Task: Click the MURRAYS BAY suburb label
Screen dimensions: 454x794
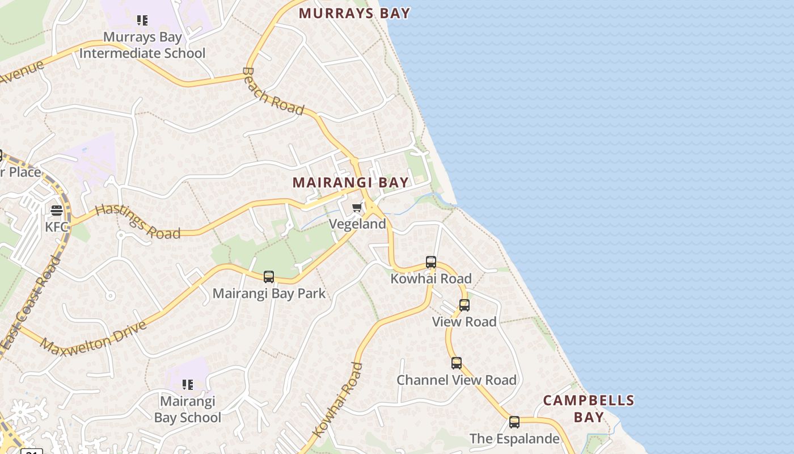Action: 354,13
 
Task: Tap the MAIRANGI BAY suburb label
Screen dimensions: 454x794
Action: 350,182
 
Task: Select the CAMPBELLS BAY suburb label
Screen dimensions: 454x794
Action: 589,409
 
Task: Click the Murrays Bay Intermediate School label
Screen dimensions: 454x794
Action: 142,45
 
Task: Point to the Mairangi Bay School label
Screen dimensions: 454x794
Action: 188,410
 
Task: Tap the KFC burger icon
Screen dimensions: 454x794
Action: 56,211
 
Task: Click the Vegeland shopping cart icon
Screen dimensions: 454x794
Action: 357,208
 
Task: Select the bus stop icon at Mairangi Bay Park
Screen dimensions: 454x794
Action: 269,277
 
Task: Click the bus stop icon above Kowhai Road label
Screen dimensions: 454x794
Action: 431,262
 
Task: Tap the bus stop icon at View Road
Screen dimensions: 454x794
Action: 464,305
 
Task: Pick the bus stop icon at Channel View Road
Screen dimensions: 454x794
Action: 457,363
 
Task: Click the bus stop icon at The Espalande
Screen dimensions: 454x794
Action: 514,422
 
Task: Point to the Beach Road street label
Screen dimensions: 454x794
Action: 273,91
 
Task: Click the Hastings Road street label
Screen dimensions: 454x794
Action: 137,222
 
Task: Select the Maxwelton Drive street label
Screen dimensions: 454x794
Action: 94,338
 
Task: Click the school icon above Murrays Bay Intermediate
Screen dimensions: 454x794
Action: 142,21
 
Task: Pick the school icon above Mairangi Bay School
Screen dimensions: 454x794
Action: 188,385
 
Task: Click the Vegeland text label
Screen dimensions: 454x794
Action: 357,224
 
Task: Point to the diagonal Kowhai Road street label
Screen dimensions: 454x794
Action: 338,400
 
